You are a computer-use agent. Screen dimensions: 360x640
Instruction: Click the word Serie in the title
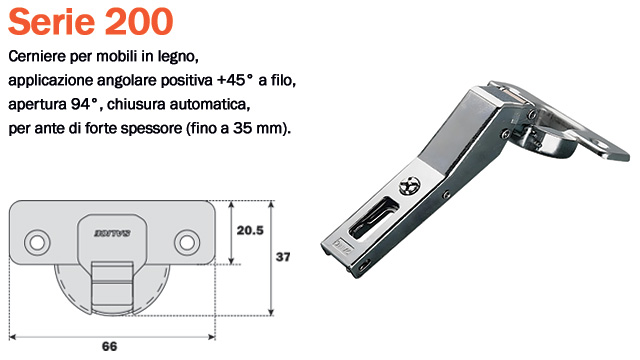pyautogui.click(x=50, y=21)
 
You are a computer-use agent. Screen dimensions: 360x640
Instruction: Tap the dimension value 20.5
pyautogui.click(x=249, y=230)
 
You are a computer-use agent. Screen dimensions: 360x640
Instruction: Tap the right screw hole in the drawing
pyautogui.click(x=186, y=241)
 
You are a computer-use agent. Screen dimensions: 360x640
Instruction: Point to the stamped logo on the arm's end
pyautogui.click(x=342, y=244)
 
